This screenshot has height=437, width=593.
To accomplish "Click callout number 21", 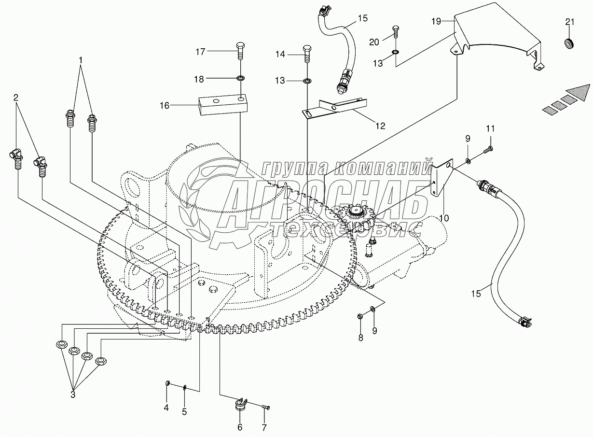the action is click(x=570, y=22).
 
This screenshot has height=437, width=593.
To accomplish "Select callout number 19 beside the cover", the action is click(x=436, y=21).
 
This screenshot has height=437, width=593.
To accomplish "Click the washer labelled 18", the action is click(x=241, y=78).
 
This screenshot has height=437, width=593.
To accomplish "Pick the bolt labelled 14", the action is click(x=307, y=55).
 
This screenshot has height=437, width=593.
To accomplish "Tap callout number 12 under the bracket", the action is click(x=380, y=126).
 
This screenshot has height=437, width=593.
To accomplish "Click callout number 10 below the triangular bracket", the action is click(x=444, y=218).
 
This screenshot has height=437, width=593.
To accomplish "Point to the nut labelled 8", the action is click(x=360, y=316).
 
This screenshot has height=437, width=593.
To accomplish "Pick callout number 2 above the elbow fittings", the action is click(x=16, y=98).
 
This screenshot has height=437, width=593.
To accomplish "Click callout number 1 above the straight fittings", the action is click(x=81, y=60).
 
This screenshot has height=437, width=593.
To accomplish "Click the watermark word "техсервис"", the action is click(x=347, y=229).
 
